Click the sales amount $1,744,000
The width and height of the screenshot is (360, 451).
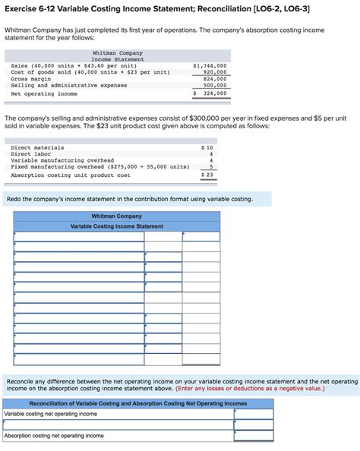pyautogui.click(x=210, y=66)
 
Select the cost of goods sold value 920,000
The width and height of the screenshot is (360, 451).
pyautogui.click(x=215, y=72)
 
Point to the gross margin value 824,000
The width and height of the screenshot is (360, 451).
pyautogui.click(x=215, y=79)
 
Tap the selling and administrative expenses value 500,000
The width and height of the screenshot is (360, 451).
pyautogui.click(x=215, y=86)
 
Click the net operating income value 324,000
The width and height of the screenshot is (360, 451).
pyautogui.click(x=215, y=93)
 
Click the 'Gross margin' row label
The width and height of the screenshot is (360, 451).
pyautogui.click(x=30, y=79)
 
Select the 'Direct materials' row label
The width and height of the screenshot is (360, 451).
pyautogui.click(x=37, y=147)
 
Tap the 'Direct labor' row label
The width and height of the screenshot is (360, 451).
pyautogui.click(x=31, y=154)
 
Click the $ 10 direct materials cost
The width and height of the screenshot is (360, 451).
pyautogui.click(x=207, y=147)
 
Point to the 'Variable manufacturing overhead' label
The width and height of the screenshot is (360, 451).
pyautogui.click(x=62, y=160)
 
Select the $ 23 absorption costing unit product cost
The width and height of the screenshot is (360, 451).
pyautogui.click(x=207, y=175)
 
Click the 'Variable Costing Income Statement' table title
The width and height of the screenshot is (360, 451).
pyautogui.click(x=116, y=226)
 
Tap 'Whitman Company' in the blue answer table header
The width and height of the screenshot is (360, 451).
pyautogui.click(x=116, y=216)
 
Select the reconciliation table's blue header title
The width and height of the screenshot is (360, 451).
pyautogui.click(x=137, y=403)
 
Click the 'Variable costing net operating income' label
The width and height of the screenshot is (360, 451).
pyautogui.click(x=51, y=414)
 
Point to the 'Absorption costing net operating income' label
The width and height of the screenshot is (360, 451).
pyautogui.click(x=54, y=436)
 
